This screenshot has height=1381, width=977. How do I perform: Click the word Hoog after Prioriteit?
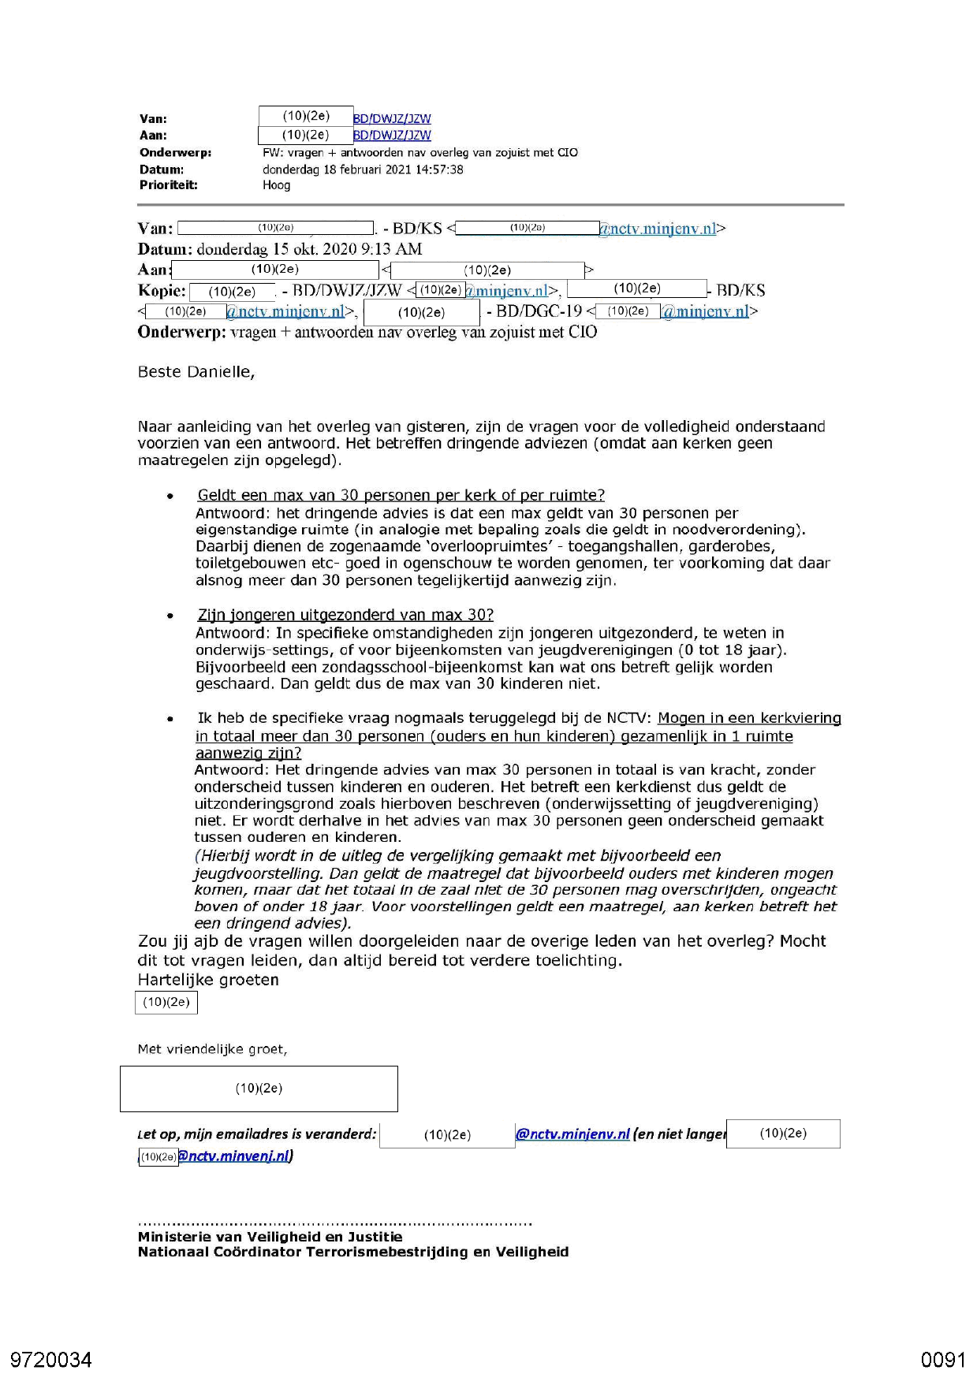click(276, 185)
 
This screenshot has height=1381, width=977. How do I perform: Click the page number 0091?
click(942, 1360)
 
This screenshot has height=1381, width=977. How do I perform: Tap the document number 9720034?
click(51, 1360)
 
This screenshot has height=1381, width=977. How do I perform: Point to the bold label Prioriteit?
click(168, 185)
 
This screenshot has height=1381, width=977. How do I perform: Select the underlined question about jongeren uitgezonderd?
click(345, 615)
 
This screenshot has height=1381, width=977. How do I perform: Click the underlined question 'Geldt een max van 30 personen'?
click(401, 495)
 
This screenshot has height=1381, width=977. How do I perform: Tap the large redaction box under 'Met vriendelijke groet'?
click(259, 1089)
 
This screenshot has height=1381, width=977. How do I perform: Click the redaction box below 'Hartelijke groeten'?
click(166, 1003)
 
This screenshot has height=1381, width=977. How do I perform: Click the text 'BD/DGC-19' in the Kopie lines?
click(539, 311)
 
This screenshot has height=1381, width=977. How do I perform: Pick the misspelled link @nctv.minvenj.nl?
click(235, 1156)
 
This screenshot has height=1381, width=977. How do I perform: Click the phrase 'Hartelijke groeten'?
click(208, 980)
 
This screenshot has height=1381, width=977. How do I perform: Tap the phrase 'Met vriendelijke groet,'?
click(212, 1049)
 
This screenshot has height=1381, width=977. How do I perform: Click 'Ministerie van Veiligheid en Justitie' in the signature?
click(270, 1237)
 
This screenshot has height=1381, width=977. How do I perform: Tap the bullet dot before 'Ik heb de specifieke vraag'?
click(170, 719)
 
